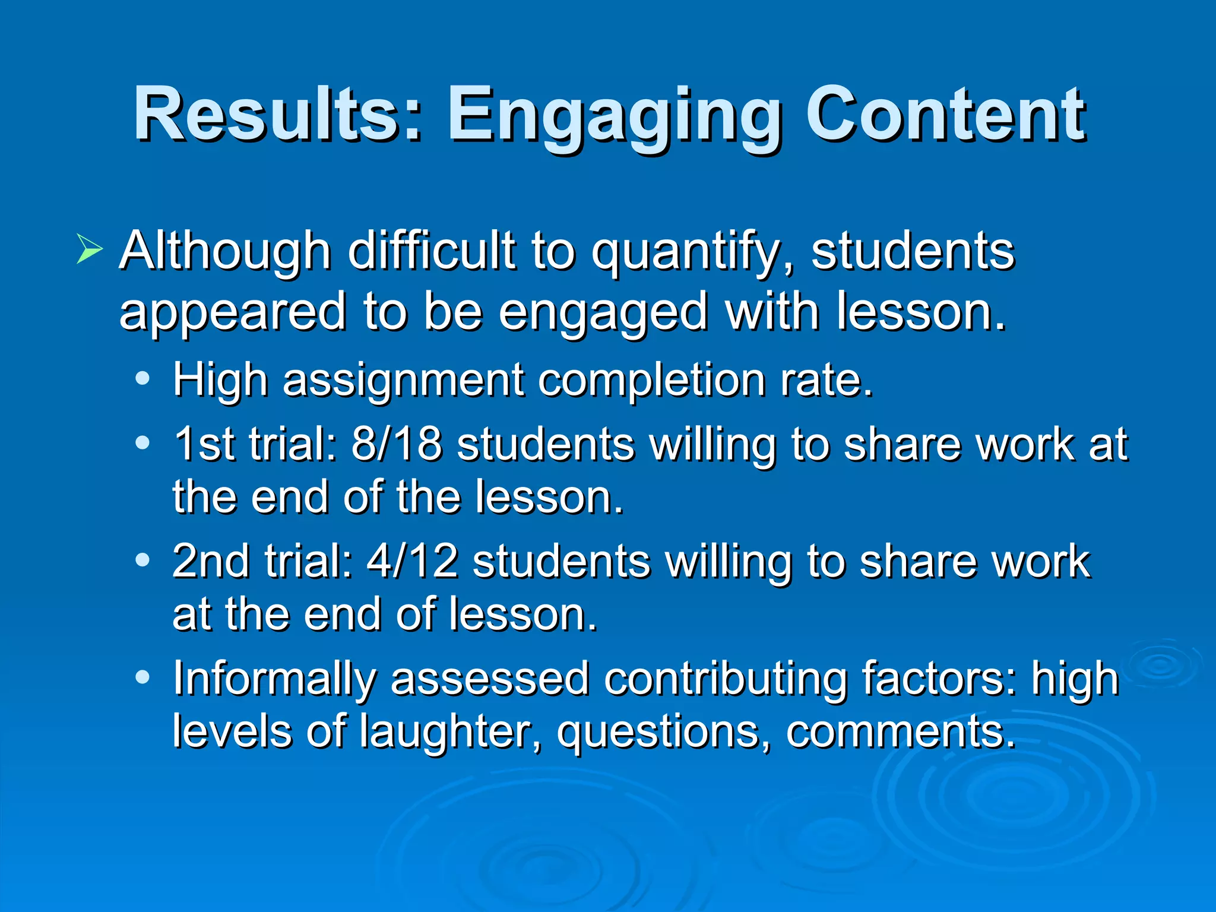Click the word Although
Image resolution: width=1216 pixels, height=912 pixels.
pos(225,251)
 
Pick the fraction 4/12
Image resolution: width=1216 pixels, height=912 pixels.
pos(413,561)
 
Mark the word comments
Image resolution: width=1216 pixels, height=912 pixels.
pos(900,731)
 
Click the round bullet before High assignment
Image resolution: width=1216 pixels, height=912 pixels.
pos(142,378)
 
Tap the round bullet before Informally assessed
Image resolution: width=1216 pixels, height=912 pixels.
pos(142,676)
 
